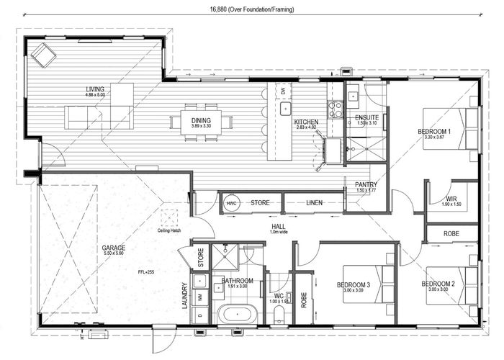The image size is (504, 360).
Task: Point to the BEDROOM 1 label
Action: [x=434, y=132]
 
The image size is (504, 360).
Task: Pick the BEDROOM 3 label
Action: [x=354, y=285]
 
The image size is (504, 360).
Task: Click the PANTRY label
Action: [x=357, y=185]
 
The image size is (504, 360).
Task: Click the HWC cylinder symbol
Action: [x=232, y=204]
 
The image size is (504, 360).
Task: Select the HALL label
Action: [x=279, y=226]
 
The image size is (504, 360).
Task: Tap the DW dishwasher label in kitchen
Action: [x=284, y=91]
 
